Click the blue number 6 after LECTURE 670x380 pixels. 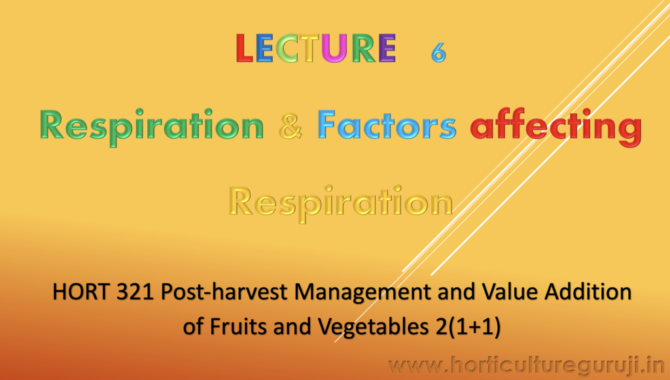point(438,52)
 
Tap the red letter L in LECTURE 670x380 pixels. point(244,48)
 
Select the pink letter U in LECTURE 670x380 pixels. point(334,48)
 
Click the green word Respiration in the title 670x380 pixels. point(152,128)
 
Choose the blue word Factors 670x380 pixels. point(387,125)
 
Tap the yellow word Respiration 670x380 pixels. point(340,203)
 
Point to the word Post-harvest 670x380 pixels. point(224,293)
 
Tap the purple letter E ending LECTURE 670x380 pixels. point(387,48)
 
